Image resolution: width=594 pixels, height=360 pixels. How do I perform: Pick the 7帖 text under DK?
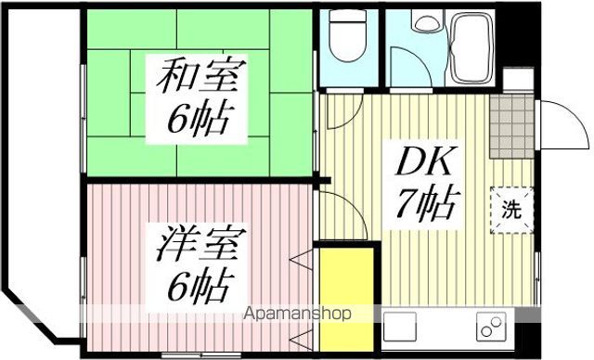(x=428, y=204)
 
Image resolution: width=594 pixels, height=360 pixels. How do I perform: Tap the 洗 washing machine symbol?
(x=512, y=208)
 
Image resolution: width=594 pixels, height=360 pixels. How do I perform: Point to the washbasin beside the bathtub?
(x=426, y=27)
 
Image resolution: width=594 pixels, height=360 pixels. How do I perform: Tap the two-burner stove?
(x=489, y=328)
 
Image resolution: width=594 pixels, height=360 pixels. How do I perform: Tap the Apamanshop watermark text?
(x=296, y=314)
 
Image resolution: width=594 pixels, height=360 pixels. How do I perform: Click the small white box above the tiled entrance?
(x=518, y=78)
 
